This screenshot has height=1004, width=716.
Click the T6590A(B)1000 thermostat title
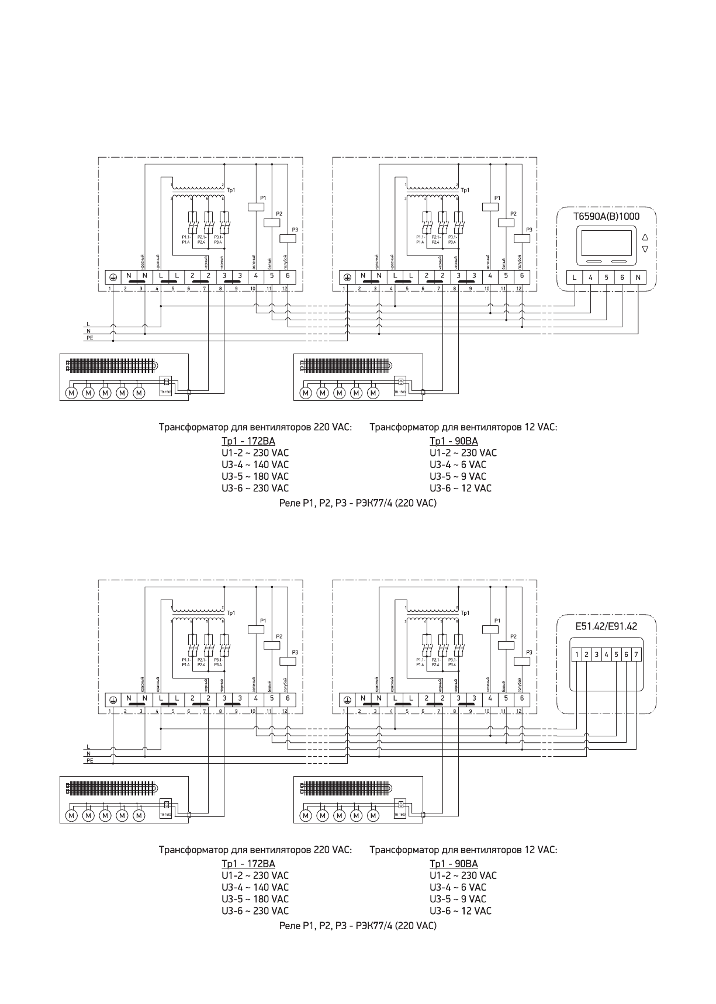click(606, 216)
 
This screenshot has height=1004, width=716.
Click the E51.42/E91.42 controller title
click(606, 626)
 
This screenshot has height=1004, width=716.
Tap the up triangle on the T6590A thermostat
click(645, 238)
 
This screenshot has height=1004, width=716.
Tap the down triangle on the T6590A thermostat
click(645, 250)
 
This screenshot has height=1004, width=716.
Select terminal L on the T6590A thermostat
click(575, 278)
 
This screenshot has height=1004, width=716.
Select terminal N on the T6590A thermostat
click(638, 278)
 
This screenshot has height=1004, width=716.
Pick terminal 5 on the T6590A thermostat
click(606, 278)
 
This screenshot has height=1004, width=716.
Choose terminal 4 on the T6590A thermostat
click(590, 278)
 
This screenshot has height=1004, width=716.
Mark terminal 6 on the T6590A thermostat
click(622, 278)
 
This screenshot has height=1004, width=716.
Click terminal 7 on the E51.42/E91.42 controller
click(636, 655)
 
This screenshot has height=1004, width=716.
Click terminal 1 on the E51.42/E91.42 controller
click(577, 655)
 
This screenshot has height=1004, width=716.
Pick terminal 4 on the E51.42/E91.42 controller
click(607, 655)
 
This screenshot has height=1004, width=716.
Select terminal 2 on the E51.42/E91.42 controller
click(587, 655)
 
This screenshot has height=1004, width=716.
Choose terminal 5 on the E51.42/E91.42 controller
click(617, 655)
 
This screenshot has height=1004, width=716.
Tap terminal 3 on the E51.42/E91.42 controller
click(597, 655)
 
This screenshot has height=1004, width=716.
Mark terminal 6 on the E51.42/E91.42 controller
click(626, 655)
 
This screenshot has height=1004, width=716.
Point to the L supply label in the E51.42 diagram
click(88, 746)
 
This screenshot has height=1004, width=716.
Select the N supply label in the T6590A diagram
click(88, 331)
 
